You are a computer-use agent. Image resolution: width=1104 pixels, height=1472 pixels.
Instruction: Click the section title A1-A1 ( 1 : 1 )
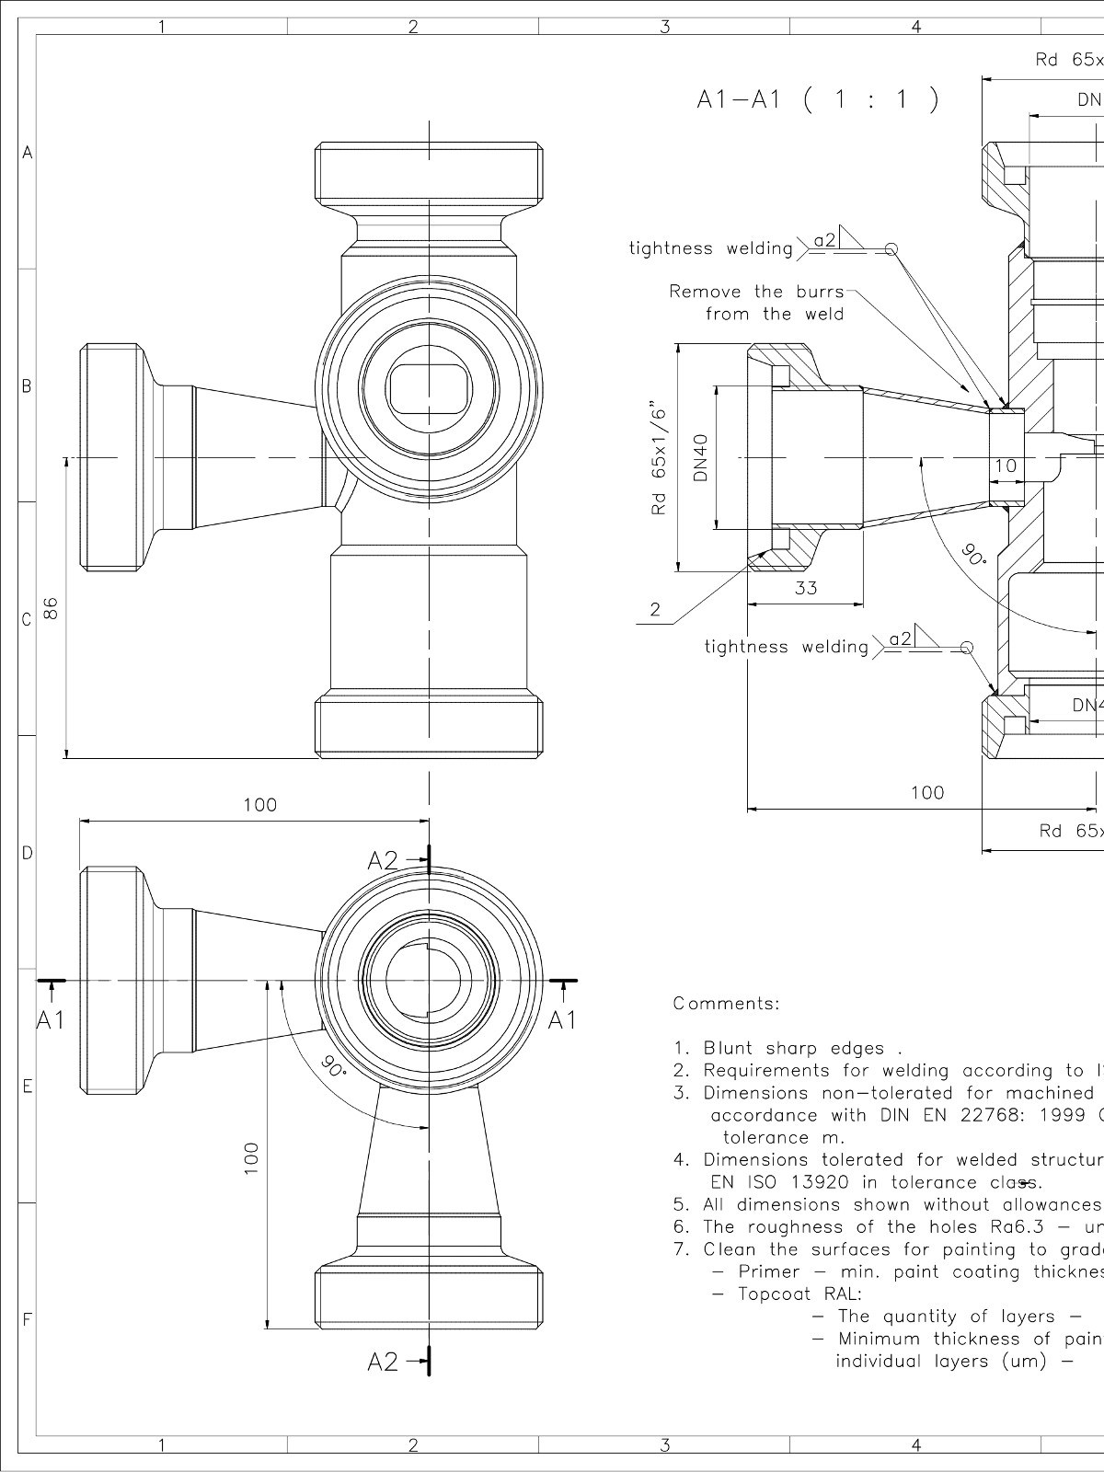(818, 99)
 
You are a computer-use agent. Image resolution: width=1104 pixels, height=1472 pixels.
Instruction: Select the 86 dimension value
(52, 607)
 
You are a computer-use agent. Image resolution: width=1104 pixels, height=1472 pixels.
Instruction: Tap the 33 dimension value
(805, 588)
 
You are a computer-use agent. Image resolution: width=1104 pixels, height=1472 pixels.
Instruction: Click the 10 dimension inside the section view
(1006, 466)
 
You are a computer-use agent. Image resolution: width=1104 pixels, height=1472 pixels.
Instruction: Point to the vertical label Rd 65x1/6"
(658, 457)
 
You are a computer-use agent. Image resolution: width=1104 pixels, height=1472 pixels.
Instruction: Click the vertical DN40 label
(701, 457)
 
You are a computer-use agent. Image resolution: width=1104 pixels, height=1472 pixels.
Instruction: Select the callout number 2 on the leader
(655, 609)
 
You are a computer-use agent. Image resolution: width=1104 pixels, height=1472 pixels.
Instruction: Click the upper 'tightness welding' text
(710, 248)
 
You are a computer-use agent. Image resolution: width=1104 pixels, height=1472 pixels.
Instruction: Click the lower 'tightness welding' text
(786, 647)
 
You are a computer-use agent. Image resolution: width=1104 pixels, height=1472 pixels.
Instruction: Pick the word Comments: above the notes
(726, 1004)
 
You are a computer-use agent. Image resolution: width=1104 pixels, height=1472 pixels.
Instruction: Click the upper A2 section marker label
(384, 860)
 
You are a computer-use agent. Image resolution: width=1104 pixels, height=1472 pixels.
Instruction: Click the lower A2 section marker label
(384, 1387)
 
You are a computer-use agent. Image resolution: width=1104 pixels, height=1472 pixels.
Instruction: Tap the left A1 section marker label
(52, 1019)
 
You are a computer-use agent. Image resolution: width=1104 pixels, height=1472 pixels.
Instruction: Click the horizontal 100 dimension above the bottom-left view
(259, 805)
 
